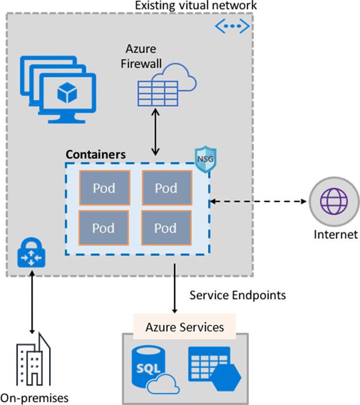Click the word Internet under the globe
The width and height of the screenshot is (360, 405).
(x=335, y=234)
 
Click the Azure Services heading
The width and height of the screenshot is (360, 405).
(x=184, y=327)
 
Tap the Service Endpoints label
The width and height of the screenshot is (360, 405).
(x=237, y=295)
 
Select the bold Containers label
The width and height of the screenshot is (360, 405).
(x=96, y=154)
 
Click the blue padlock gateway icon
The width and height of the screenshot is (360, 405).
(x=31, y=255)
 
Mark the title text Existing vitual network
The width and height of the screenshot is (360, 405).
(x=196, y=6)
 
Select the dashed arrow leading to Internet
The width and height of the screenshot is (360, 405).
(x=258, y=201)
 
